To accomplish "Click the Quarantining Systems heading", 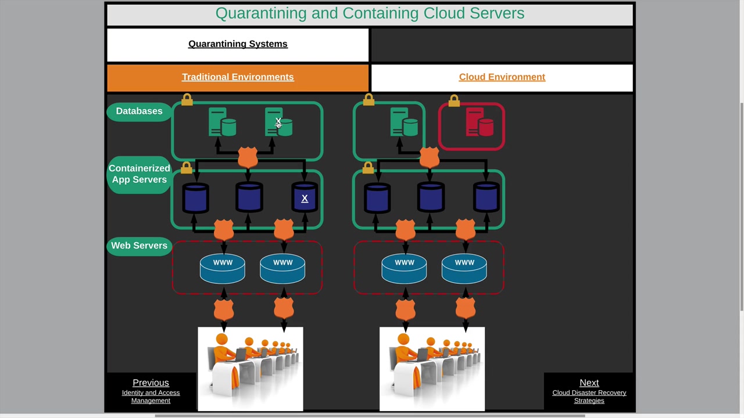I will click(238, 44).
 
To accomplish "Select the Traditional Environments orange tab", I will click(238, 77).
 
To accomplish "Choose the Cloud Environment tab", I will click(502, 77).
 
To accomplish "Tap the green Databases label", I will click(139, 111).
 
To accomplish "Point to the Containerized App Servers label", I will click(139, 174).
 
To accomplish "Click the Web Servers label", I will click(139, 246).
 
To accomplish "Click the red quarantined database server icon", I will click(480, 124).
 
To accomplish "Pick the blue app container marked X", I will click(305, 199).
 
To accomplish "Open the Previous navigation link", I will click(151, 383).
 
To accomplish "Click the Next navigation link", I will click(589, 383).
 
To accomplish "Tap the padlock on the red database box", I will click(454, 101).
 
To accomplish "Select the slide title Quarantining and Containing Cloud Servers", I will click(370, 13).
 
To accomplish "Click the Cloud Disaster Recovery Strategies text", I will click(589, 397).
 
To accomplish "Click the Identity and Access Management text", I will click(151, 397).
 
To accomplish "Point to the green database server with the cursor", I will click(279, 122).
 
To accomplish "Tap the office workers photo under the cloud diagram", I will click(432, 369).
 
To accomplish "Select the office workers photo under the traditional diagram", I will click(250, 369).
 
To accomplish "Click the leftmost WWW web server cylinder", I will click(223, 268).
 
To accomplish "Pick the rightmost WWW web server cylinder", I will click(464, 268).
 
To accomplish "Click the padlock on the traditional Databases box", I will click(187, 100).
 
